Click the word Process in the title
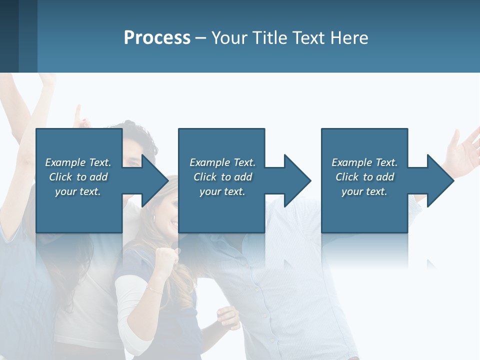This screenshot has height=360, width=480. (x=157, y=38)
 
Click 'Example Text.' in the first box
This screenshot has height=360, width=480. (x=78, y=162)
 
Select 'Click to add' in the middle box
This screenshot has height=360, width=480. (x=222, y=177)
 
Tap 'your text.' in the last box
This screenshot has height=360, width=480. (x=364, y=191)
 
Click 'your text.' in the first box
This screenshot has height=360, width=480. (x=78, y=191)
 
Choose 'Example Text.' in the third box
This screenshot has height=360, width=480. (x=364, y=162)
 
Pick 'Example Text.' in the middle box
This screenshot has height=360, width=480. (x=222, y=162)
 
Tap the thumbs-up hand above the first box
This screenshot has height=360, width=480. (x=79, y=117)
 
